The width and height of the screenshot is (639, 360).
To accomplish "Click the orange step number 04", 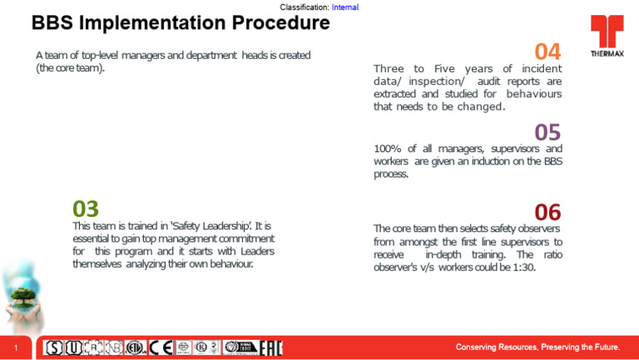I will tap(547, 52).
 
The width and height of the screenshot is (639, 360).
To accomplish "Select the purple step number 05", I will tap(547, 132).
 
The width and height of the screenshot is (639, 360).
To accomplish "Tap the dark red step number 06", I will tap(547, 212).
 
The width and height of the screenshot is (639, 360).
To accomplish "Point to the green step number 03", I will tap(86, 209).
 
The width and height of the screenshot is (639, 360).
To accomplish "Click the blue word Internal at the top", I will tap(344, 7).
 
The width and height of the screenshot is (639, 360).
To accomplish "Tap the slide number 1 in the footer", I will tap(16, 347).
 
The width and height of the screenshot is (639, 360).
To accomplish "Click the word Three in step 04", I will tap(389, 69).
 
